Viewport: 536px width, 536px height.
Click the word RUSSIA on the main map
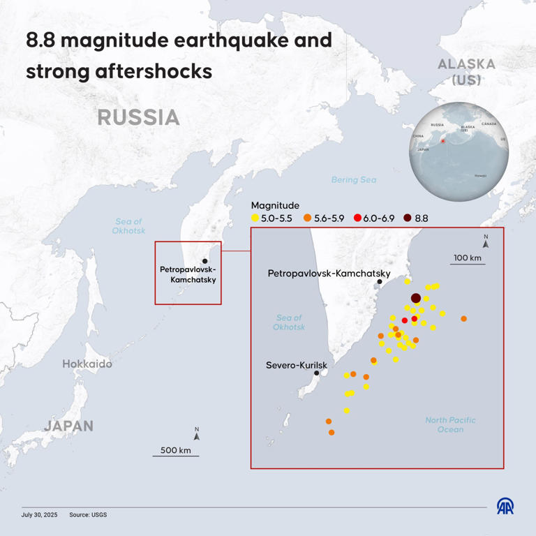[138, 117]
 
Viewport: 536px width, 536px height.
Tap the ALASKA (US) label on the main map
[466, 72]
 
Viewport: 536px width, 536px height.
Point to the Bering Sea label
[353, 180]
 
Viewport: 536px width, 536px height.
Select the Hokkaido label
[87, 364]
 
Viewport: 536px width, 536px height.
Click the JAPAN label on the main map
[68, 426]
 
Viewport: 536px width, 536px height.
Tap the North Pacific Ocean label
[451, 424]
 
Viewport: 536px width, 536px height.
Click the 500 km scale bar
[176, 455]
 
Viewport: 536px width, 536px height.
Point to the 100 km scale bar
[468, 264]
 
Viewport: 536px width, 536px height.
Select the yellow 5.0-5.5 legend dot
[255, 218]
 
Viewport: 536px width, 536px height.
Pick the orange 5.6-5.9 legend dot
[307, 218]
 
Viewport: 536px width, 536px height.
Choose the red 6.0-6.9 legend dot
[357, 218]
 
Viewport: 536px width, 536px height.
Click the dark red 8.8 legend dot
[408, 218]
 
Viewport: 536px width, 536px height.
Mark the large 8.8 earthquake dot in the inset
[416, 298]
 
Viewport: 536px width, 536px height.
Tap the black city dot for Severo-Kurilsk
[317, 373]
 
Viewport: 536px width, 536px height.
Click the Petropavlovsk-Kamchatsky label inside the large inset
[328, 274]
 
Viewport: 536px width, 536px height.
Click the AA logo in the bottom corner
[505, 507]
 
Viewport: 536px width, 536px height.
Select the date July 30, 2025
[40, 514]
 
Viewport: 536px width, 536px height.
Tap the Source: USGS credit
[88, 514]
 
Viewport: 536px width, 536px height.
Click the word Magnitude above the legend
[275, 205]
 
